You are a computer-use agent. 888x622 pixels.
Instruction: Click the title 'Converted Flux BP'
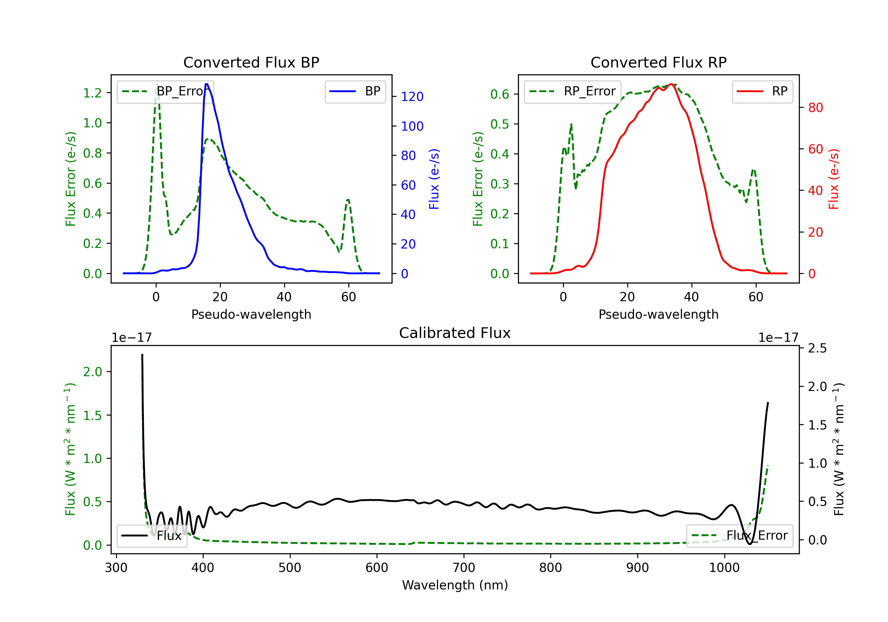point(251,62)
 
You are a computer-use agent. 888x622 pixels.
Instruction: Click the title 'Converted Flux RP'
point(658,62)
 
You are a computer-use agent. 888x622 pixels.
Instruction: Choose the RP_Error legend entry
point(573,91)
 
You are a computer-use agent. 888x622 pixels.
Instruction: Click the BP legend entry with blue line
point(355,91)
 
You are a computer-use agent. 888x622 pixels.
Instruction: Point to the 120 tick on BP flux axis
point(412,96)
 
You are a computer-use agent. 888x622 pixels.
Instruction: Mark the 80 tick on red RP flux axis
point(815,108)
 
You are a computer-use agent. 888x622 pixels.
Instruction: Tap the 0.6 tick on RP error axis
point(500,94)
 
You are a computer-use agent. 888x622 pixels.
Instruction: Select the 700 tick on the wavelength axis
point(464,568)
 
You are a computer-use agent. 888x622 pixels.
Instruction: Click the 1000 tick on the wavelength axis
point(724,568)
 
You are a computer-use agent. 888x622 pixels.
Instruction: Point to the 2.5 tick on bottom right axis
point(817,348)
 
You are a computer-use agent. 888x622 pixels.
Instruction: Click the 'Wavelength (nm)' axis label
point(455,585)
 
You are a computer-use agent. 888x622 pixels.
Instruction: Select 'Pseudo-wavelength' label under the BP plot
point(251,314)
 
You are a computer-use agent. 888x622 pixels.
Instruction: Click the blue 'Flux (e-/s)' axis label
point(434,179)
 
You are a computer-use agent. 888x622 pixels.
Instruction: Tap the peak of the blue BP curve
point(207,84)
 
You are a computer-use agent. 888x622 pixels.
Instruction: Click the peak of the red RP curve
point(671,84)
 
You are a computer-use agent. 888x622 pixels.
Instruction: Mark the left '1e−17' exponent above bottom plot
point(131,338)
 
